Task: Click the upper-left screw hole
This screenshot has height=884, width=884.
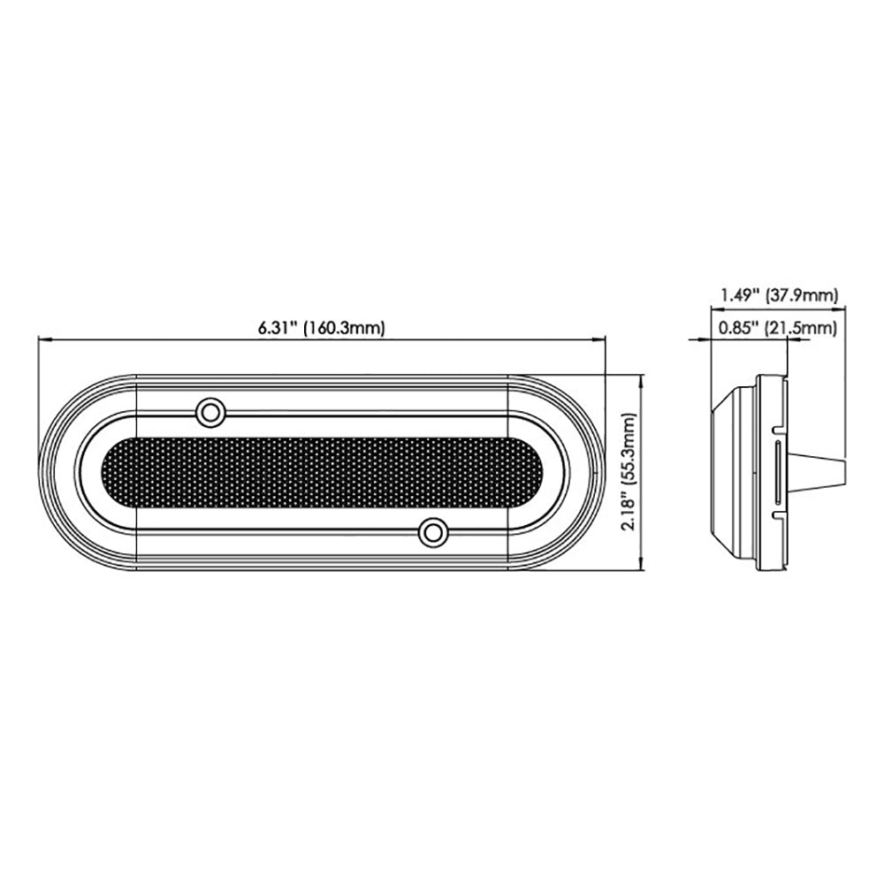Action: point(210,411)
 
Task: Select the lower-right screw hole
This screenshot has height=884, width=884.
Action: point(431,532)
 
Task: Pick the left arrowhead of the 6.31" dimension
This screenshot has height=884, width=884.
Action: point(43,339)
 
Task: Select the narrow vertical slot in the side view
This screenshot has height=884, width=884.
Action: point(776,473)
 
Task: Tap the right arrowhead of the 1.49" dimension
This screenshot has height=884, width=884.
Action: point(843,309)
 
